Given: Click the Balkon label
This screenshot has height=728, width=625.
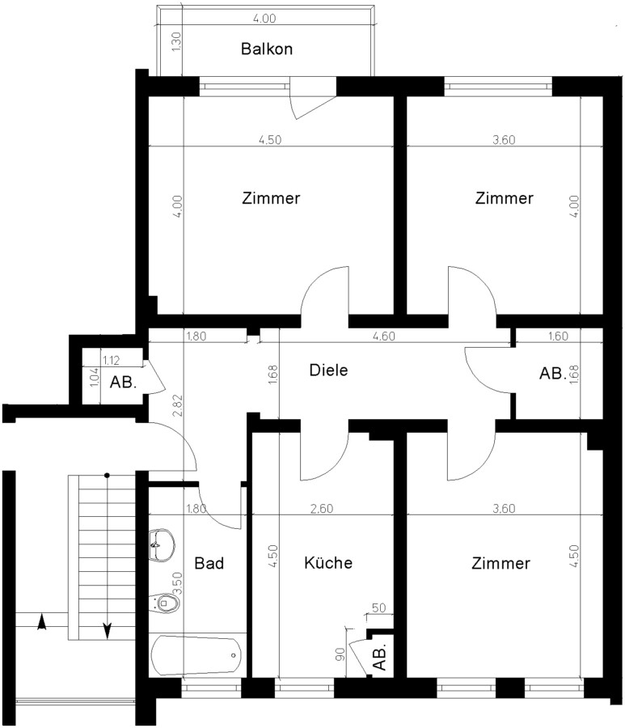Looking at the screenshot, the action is point(267,49).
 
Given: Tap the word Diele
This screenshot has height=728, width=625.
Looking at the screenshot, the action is point(328,370).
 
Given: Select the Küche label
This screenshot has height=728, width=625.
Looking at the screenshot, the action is point(328,562).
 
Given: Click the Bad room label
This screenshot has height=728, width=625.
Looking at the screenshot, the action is point(209,563).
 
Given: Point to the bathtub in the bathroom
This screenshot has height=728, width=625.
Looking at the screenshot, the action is point(196,655).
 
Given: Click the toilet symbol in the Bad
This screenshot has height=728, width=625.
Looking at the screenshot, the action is point(165,603).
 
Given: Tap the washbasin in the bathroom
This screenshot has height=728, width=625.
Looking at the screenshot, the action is point(163,544).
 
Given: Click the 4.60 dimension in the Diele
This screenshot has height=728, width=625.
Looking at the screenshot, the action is point(384,336).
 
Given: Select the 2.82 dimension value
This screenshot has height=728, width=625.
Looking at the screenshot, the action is point(178,405).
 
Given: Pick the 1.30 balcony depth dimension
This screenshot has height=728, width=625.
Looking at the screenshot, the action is point(176,41).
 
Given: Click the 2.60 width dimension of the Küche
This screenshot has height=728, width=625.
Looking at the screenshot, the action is point(322,509).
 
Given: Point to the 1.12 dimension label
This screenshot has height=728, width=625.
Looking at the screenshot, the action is point(112,360).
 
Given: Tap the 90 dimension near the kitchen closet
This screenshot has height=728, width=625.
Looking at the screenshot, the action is point(340,654).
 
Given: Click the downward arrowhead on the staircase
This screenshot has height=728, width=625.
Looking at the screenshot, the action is point(108,630).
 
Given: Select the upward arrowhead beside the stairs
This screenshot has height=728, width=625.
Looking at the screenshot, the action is point(42,622).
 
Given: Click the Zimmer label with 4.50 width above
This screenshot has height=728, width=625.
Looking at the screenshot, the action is point(271,198).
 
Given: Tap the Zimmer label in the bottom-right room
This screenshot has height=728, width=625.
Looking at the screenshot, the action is point(500,563).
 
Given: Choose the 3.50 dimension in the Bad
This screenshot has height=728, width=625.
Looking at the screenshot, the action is point(178,583).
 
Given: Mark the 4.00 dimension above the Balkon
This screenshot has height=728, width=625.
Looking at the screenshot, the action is point(264,18).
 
